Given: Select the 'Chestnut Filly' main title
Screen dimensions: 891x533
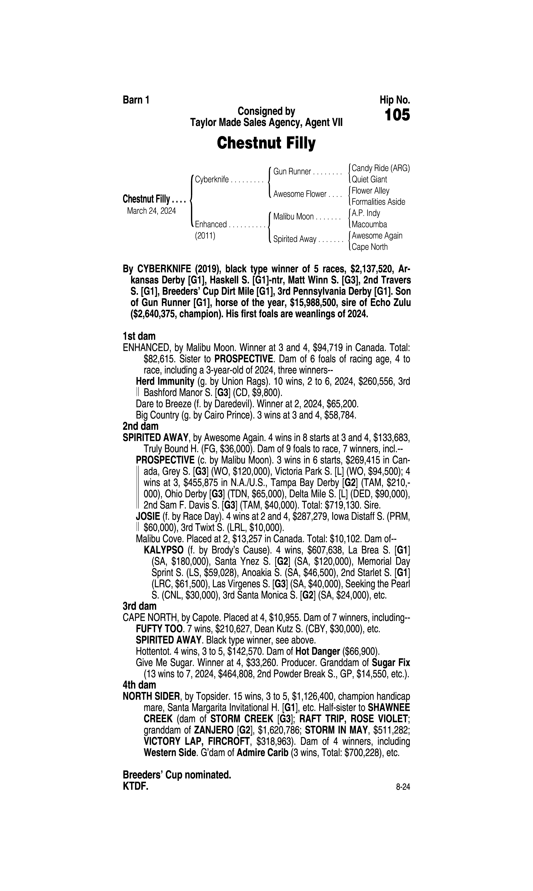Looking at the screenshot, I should [x=266, y=143].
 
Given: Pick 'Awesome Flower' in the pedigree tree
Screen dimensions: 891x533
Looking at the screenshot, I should [x=300, y=194].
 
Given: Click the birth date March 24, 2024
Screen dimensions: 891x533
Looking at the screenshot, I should [x=151, y=211].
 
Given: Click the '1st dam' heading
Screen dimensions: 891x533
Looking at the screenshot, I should [x=139, y=336].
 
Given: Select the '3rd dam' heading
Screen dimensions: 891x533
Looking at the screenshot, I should [x=139, y=606].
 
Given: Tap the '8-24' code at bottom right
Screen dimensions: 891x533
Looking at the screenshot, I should [x=403, y=787].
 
